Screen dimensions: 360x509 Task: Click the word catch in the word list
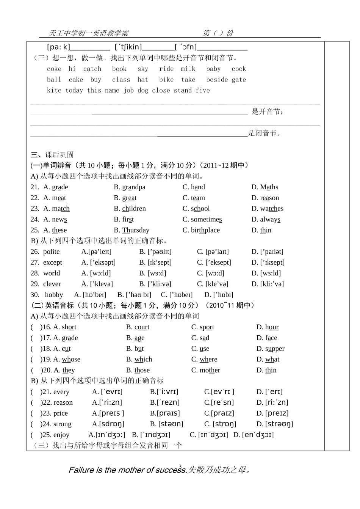[92, 69]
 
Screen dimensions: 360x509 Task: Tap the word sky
[143, 69]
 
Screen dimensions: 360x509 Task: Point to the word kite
[54, 90]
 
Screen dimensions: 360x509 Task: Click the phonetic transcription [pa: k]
[59, 47]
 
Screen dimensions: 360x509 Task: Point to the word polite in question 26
[51, 252]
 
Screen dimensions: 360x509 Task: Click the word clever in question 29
[52, 284]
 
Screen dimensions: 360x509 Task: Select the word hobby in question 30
[54, 295]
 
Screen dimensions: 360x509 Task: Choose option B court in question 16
[142, 327]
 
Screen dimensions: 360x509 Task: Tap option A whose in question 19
[71, 359]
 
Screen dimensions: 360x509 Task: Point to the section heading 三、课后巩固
[52, 155]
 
